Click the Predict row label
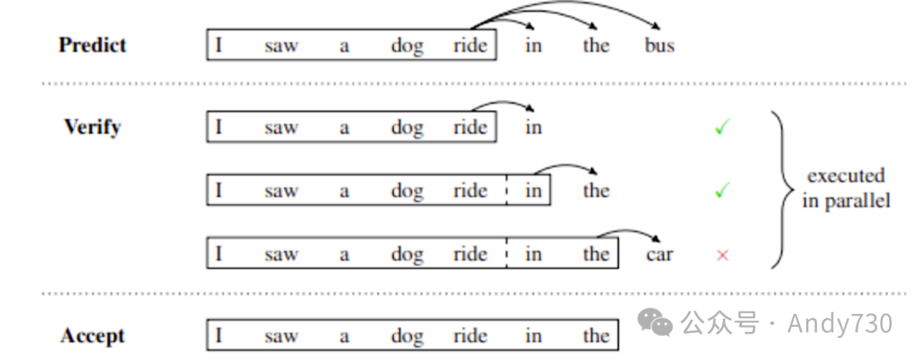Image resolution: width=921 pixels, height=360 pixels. pos(92,45)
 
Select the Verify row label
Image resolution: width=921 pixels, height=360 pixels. pos(92,127)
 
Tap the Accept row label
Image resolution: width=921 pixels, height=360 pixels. pos(92,336)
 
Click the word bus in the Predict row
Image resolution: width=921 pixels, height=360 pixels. pos(659,45)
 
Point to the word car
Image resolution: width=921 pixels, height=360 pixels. pos(659,254)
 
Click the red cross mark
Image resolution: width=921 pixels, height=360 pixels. pos(722,254)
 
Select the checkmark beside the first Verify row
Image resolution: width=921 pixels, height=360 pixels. pos(722,128)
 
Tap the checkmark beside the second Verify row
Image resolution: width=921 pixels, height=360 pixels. pos(722,190)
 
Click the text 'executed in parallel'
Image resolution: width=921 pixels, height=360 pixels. pos(846,189)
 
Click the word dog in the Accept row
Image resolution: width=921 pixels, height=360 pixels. pos(407,336)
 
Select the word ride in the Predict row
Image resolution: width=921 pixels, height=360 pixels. pos(470,45)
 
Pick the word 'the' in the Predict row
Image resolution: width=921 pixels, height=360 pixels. pos(596,45)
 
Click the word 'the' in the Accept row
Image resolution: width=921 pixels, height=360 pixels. pos(596,336)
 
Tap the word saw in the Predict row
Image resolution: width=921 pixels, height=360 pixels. pos(281,45)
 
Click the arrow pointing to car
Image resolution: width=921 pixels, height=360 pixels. pos(629,232)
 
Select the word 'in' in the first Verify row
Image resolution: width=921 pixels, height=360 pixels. pos(533,128)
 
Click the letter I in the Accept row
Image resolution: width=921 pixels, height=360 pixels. pos(218,336)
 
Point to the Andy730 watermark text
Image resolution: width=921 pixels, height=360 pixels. pos(839,323)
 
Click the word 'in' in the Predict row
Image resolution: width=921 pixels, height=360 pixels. pos(533,45)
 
